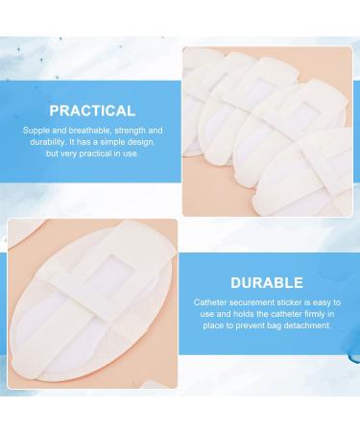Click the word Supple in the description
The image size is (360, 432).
pyautogui.click(x=38, y=130)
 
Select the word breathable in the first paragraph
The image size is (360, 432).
pyautogui.click(x=84, y=130)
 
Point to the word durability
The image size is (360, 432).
pyautogui.click(x=41, y=141)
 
